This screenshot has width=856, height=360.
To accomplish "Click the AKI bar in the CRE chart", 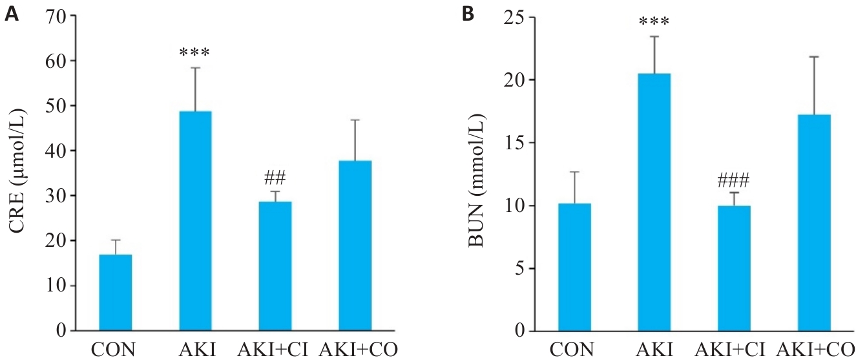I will point(195,221).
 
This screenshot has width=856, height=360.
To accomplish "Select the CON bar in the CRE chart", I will point(115,293).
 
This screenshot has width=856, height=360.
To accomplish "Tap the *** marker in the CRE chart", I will point(195,52).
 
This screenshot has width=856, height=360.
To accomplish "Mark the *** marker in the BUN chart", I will point(654,22).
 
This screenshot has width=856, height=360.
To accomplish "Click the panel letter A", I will point(11,15).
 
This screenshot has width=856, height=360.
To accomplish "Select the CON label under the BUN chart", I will point(574,350).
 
